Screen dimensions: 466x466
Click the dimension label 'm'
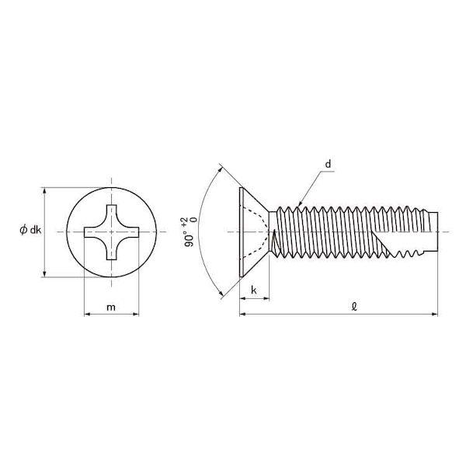coord(111,307)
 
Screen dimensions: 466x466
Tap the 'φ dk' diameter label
coord(30,230)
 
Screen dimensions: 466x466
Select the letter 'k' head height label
coord(253,290)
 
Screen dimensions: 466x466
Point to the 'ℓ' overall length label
coord(353,306)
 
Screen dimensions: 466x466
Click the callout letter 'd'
coord(328,164)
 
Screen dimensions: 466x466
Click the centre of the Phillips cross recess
coord(111,231)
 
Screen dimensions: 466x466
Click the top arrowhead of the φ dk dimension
coord(44,190)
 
